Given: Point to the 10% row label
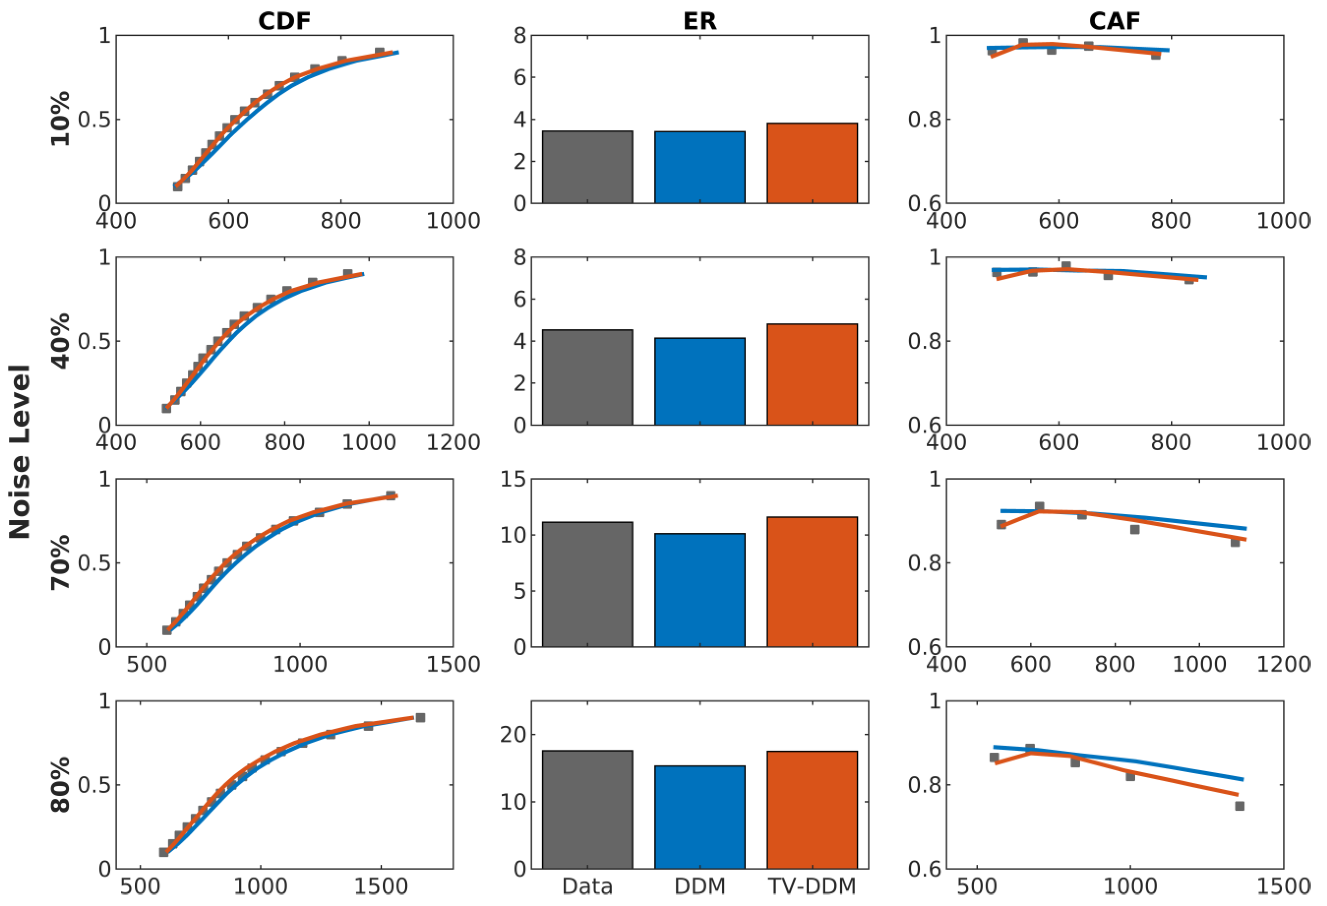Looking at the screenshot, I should pyautogui.click(x=61, y=119).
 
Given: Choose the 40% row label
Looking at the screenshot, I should pyautogui.click(x=61, y=341).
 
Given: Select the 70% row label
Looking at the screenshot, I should pyautogui.click(x=61, y=562).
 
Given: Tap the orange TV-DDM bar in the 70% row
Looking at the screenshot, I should pyautogui.click(x=812, y=582).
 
